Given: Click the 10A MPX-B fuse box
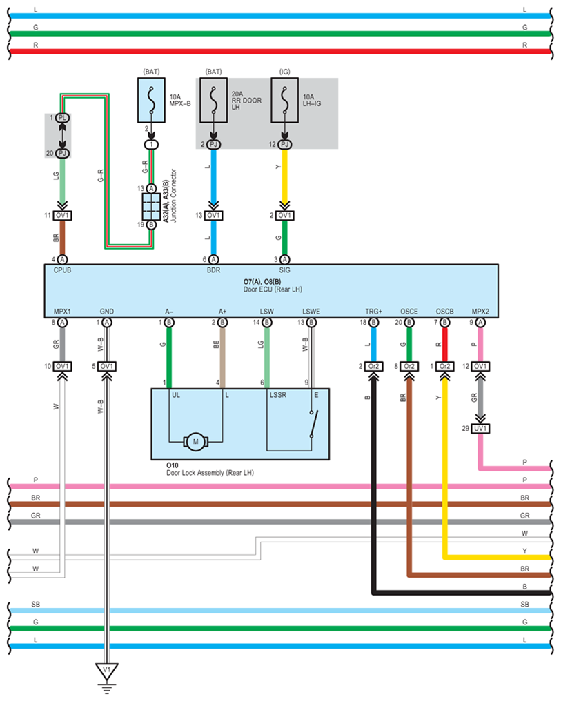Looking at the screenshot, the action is [x=151, y=100].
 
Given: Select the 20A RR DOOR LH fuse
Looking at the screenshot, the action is [x=213, y=100].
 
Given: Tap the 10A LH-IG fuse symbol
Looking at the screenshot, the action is [x=285, y=100].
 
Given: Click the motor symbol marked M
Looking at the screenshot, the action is [x=196, y=442].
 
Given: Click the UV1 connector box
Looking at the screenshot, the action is [x=480, y=428].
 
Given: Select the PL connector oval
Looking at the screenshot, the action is [x=62, y=118].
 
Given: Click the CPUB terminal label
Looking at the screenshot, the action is [x=62, y=270].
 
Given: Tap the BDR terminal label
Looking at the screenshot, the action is [x=213, y=270].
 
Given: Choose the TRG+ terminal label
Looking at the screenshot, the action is [x=373, y=311].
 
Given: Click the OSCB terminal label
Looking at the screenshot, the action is [x=444, y=311].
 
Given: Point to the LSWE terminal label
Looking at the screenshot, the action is [x=311, y=311].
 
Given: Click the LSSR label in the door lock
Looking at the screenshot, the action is [x=277, y=395].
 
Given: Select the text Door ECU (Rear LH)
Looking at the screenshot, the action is [x=273, y=289].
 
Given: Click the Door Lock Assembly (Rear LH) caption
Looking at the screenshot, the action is [x=210, y=473].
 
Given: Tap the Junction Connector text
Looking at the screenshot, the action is [x=174, y=195].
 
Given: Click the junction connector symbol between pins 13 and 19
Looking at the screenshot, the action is [x=151, y=207].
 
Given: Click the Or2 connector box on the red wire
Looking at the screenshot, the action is [x=444, y=366].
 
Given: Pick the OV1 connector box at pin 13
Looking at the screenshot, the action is [x=213, y=216].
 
